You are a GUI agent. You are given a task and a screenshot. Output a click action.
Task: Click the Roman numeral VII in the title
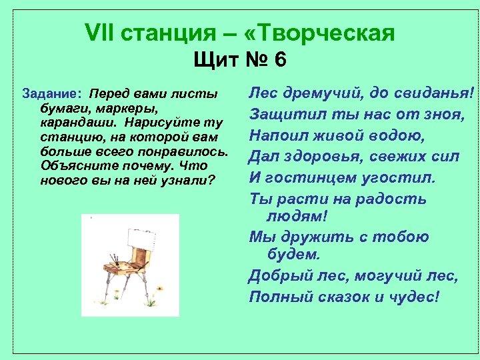(x=101, y=32)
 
